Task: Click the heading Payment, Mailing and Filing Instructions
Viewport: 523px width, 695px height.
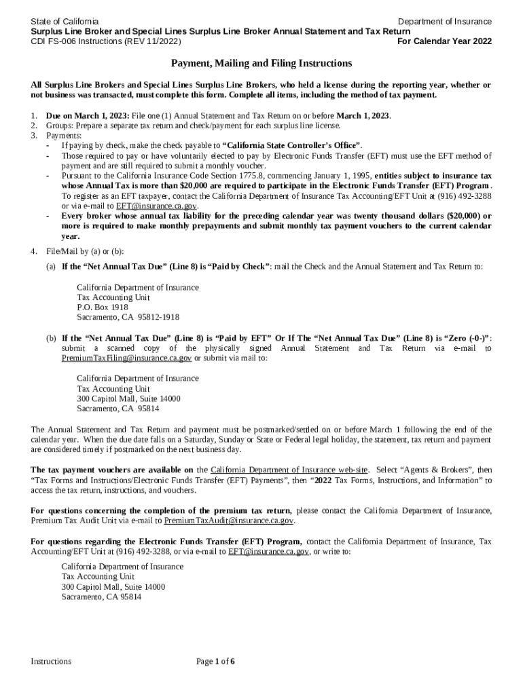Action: pos(261,64)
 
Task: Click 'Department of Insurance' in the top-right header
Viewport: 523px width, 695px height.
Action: pos(444,22)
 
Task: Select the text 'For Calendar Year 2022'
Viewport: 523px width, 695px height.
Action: pos(444,42)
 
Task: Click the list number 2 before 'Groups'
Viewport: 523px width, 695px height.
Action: pos(34,126)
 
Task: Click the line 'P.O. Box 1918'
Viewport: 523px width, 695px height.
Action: pos(102,307)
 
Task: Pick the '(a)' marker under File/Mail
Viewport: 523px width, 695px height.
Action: pos(51,267)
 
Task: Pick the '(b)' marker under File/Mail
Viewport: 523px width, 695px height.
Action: pos(51,338)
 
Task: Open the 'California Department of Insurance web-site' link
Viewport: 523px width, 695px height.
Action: pos(289,470)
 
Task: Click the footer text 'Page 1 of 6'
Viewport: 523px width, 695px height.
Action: pos(215,661)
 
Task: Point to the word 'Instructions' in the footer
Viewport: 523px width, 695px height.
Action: pos(52,661)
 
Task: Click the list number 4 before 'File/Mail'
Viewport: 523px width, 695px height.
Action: pos(34,252)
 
